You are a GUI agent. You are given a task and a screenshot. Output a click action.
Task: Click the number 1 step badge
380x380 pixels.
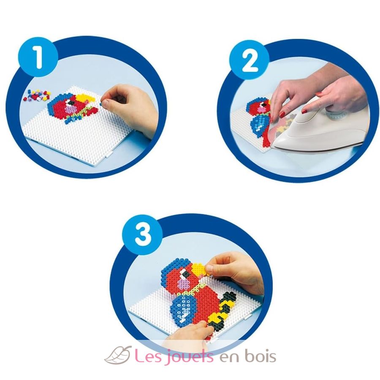(38, 57)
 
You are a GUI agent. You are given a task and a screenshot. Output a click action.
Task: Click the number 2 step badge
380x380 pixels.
(249, 60)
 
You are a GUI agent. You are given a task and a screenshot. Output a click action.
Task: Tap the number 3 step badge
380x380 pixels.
(143, 234)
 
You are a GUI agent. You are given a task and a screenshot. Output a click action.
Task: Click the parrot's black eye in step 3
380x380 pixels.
(185, 274)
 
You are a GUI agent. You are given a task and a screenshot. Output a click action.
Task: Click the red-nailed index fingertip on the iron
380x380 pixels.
(305, 111)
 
